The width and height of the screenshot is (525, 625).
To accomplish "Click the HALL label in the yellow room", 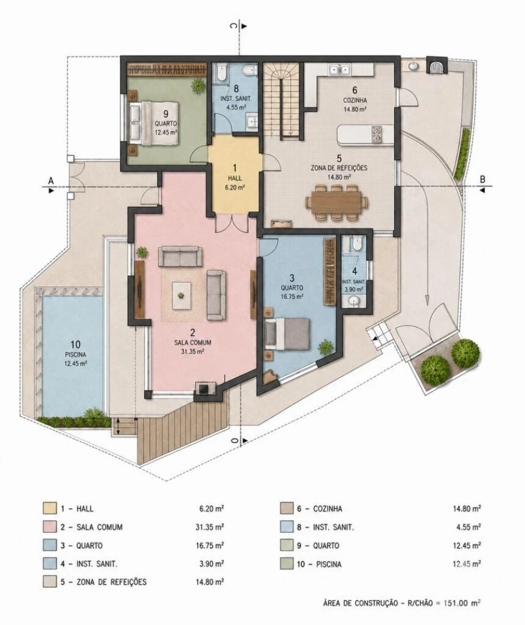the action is (235, 178).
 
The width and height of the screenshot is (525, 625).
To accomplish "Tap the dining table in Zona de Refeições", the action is (337, 202).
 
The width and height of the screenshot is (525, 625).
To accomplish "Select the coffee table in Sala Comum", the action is (181, 296).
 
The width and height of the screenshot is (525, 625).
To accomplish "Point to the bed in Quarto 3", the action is (287, 334).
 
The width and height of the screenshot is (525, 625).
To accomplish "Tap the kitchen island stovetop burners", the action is (377, 134).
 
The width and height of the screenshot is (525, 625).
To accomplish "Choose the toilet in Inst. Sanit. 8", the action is (250, 71).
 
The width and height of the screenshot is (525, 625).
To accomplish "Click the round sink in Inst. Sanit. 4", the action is (353, 301).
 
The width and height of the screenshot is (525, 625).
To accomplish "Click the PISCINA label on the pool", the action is (75, 354).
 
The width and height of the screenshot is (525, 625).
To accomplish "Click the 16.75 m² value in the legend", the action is (209, 545).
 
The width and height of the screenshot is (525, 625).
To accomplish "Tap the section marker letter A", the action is (51, 181).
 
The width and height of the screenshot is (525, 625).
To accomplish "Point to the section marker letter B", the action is (483, 180).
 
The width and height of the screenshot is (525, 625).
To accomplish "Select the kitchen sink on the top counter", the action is (339, 70).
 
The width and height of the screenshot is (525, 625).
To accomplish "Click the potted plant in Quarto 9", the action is (198, 86).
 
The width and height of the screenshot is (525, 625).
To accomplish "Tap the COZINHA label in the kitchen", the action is (355, 100).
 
